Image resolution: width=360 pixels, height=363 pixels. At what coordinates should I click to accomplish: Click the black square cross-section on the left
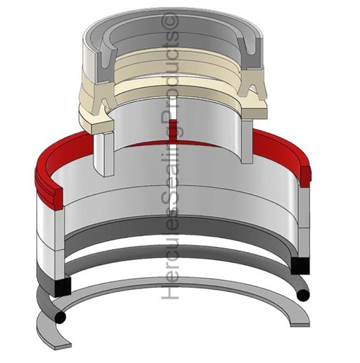[x=62, y=286]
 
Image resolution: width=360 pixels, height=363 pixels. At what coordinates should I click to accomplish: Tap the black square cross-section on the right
[x=300, y=266]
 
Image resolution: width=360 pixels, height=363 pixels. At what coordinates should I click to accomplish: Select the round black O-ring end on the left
[x=60, y=317]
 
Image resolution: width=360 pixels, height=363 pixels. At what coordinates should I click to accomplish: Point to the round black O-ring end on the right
[x=303, y=296]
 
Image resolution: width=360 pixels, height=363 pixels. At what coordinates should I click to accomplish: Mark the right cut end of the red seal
[x=305, y=176]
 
